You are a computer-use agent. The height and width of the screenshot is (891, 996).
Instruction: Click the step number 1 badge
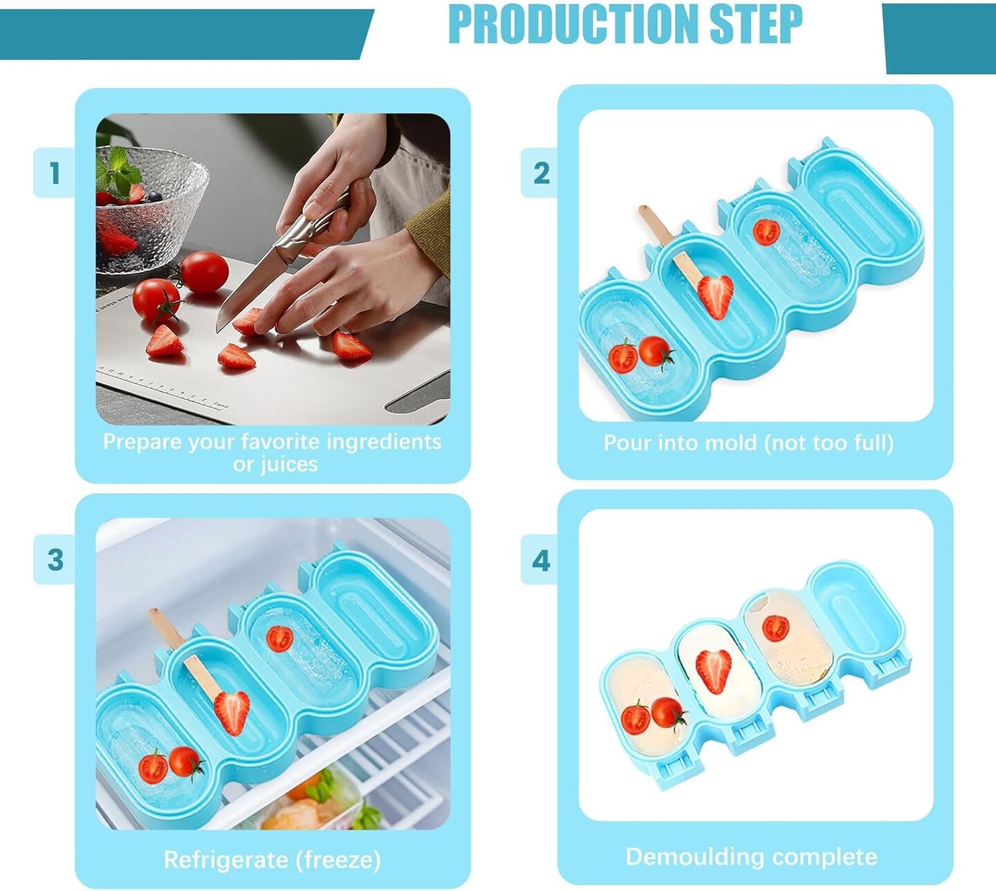(55, 173)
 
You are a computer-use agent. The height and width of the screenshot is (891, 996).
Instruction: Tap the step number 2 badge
(541, 173)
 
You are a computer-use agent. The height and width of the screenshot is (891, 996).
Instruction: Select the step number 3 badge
(55, 559)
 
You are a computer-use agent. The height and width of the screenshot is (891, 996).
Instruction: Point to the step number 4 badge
(541, 561)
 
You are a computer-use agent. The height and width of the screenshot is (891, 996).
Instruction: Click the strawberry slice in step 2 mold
(715, 297)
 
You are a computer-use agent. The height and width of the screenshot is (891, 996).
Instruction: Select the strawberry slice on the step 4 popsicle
(713, 671)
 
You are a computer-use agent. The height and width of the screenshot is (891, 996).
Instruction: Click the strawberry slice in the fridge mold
(232, 713)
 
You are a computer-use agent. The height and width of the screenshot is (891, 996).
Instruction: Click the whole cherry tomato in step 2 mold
(655, 351)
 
